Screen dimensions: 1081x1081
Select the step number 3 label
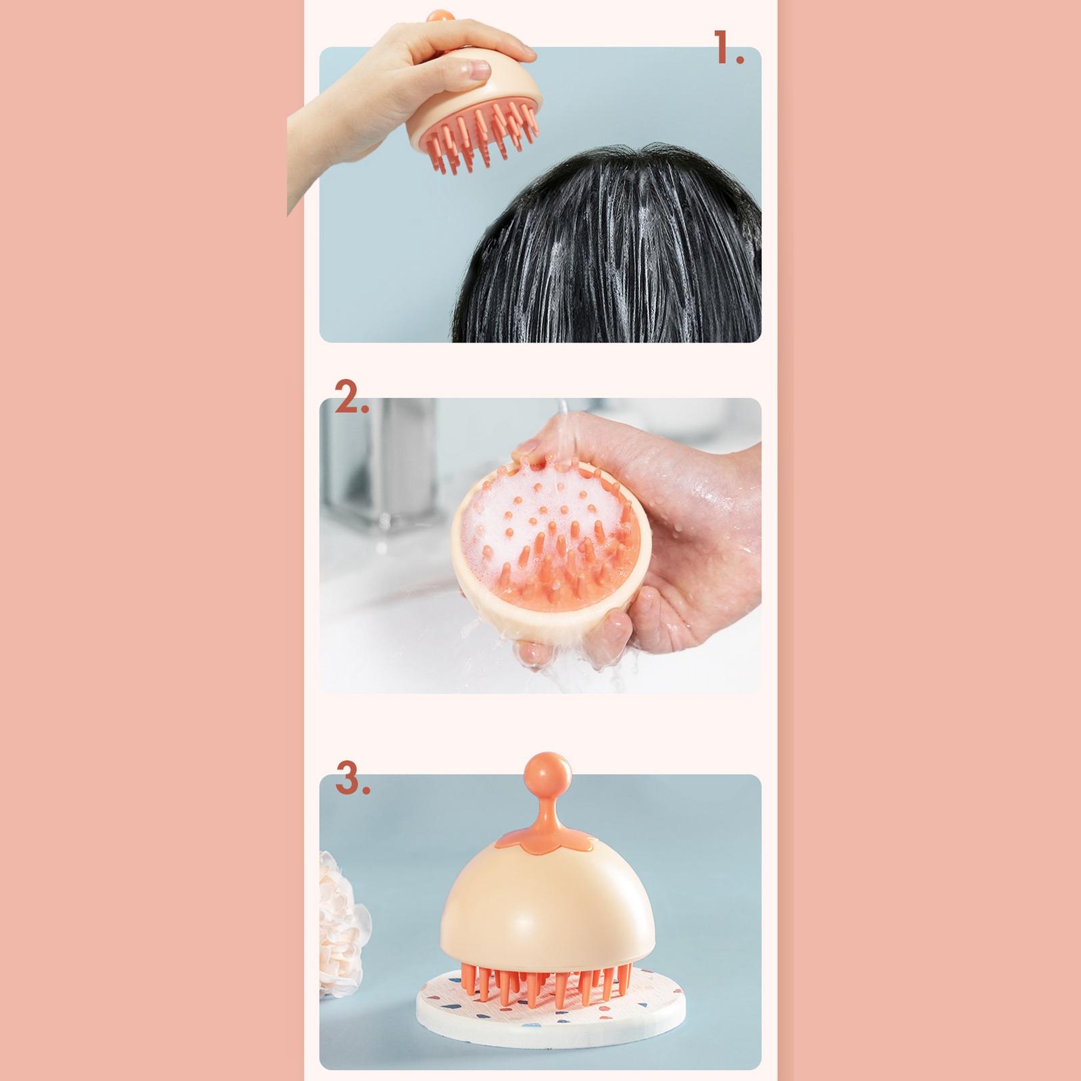click(x=353, y=780)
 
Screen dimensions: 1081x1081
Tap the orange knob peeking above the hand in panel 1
click(x=440, y=17)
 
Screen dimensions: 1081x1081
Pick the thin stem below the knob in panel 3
click(x=547, y=799)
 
